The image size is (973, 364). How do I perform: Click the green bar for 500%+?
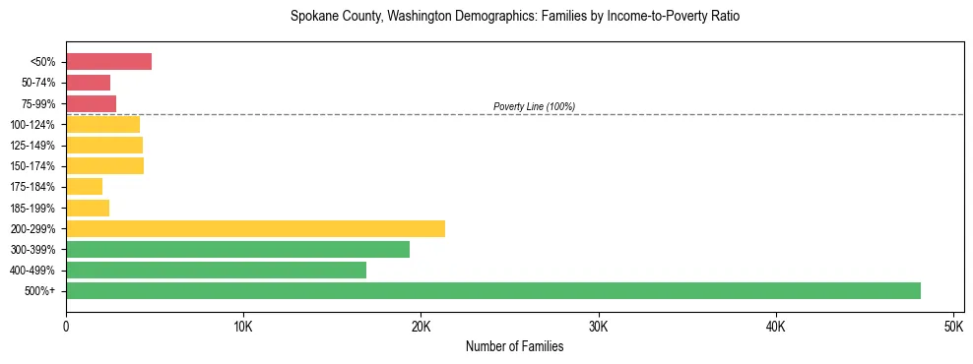click(492, 290)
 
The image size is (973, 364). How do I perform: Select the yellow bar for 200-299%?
click(255, 228)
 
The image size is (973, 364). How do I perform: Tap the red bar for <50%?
click(108, 62)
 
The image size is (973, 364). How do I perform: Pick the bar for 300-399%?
click(237, 249)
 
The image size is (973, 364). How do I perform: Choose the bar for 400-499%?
click(216, 270)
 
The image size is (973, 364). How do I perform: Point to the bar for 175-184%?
click(84, 187)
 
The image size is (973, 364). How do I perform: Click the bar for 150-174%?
click(104, 166)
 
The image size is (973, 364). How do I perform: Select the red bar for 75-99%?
click(91, 103)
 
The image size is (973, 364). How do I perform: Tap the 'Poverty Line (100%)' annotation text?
click(534, 106)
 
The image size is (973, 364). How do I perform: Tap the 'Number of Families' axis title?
click(514, 346)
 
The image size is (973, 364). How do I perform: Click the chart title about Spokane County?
click(514, 17)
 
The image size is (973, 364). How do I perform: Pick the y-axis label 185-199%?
click(36, 208)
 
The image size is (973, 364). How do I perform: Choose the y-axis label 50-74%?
click(39, 83)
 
